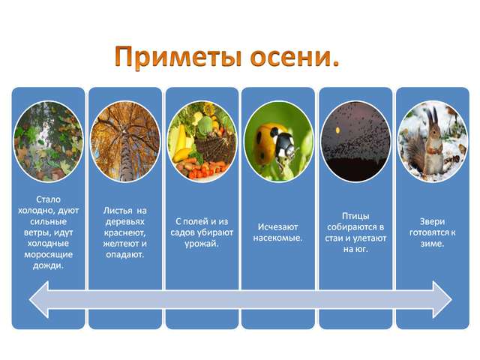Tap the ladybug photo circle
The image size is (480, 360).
pyautogui.click(x=278, y=142)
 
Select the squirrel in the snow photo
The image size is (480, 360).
pyautogui.click(x=432, y=142)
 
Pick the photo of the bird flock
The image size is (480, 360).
pyautogui.click(x=355, y=142)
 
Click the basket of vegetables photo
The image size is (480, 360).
pyautogui.click(x=202, y=142)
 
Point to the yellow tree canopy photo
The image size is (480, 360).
pyautogui.click(x=125, y=142)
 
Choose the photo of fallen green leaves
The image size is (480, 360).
pyautogui.click(x=48, y=142)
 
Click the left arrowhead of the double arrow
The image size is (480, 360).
pyautogui.click(x=39, y=299)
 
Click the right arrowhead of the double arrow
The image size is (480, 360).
pyautogui.click(x=442, y=299)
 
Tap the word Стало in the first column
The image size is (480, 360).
pyautogui.click(x=48, y=199)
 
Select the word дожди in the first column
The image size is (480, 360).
pyautogui.click(x=47, y=265)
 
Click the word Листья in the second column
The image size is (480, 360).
pyautogui.click(x=118, y=211)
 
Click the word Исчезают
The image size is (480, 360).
pyautogui.click(x=277, y=226)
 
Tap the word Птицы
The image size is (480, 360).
pyautogui.click(x=355, y=216)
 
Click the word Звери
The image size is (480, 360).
pyautogui.click(x=432, y=221)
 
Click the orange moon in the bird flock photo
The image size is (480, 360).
pyautogui.click(x=337, y=130)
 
